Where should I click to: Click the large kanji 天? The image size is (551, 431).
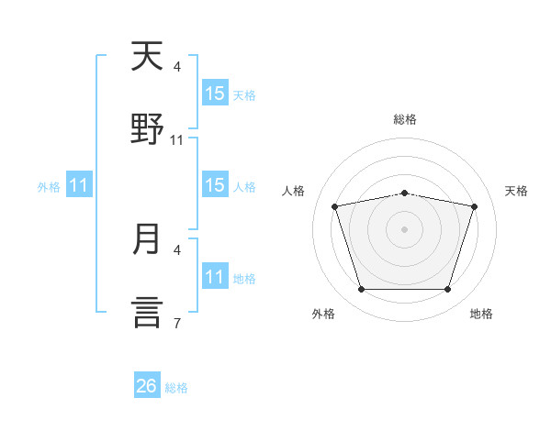(147, 56)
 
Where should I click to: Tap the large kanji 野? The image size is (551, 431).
(147, 128)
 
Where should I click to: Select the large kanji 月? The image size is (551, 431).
(146, 238)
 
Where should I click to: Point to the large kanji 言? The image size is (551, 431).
(147, 312)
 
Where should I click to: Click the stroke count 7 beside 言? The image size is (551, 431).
(177, 323)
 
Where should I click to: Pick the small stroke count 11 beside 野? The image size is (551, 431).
(176, 140)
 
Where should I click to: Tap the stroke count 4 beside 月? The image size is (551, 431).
(177, 250)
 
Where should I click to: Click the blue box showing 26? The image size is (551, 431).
(147, 384)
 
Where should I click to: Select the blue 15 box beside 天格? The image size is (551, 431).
(215, 93)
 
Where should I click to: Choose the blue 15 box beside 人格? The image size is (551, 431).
(215, 184)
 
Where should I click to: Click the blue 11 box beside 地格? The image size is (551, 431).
(215, 275)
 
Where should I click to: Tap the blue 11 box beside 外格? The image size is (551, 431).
(79, 184)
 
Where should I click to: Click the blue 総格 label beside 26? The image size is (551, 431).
(176, 388)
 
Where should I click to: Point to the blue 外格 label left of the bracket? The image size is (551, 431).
(49, 187)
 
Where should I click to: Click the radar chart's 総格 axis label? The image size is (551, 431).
(405, 119)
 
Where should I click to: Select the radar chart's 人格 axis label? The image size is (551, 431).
(293, 191)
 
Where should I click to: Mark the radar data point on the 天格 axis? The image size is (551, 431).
(474, 206)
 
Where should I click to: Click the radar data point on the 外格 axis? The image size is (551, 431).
(362, 289)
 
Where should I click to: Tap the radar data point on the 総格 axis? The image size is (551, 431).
(404, 193)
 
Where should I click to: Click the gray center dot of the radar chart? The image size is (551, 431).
(404, 229)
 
